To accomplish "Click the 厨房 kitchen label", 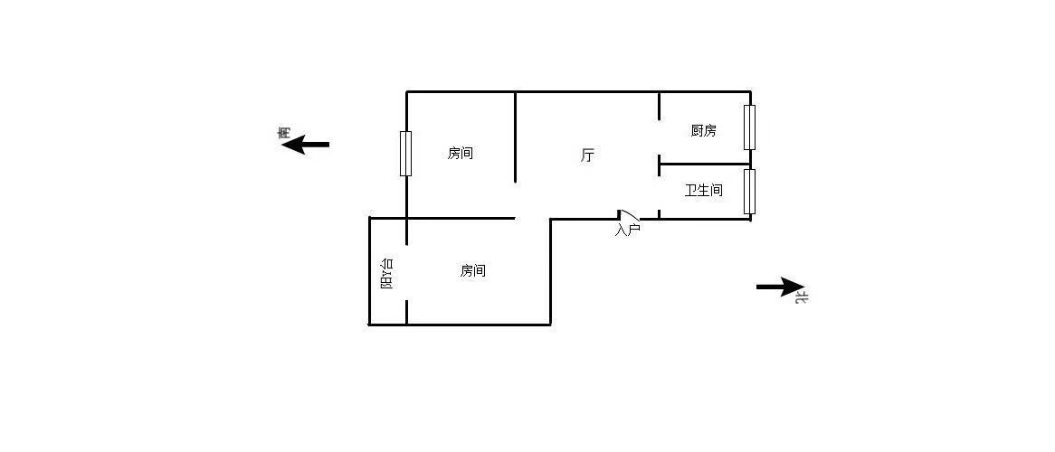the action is point(703,131).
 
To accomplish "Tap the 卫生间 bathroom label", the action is point(703,191).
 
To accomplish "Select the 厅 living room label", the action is point(587,156).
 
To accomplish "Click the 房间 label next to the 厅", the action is point(461,154).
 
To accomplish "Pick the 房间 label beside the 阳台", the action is point(473,271).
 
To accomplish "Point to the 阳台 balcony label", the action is point(387,274).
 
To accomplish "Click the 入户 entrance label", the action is point(627,230).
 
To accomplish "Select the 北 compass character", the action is point(801,296).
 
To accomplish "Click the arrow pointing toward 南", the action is point(306,144).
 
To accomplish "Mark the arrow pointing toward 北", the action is point(781,287).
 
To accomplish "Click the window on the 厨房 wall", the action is point(749,127).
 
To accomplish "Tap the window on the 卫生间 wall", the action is point(749,192).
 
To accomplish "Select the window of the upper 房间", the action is point(405,154).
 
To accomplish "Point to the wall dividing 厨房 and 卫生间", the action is point(705,165).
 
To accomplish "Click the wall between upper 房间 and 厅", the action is point(516,137).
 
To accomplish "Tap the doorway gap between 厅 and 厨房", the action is point(660,139).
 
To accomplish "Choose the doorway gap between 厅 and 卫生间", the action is point(660,193).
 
